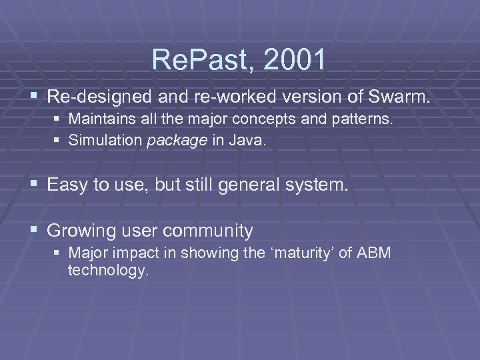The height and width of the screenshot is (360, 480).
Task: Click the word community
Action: [x=209, y=231]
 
